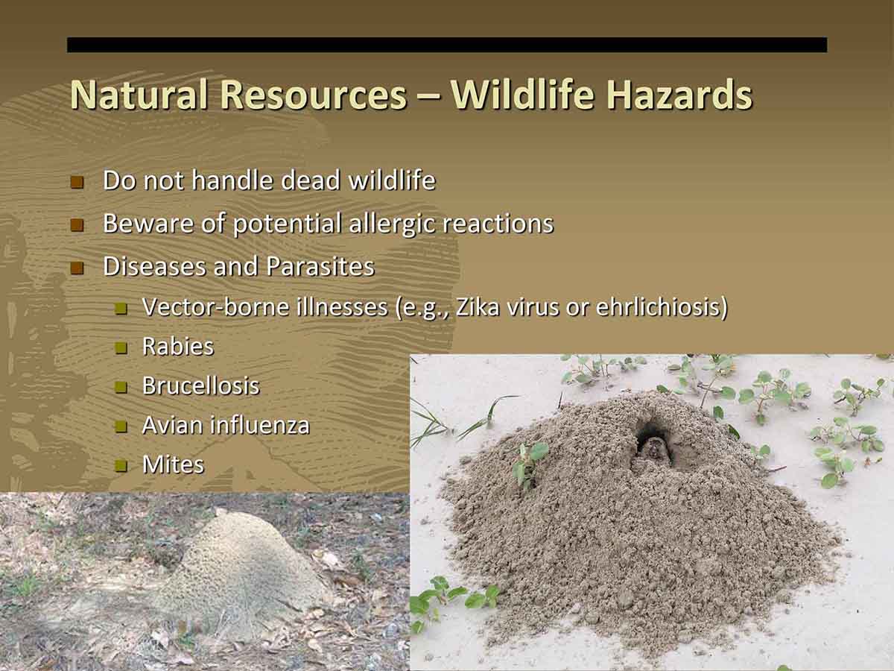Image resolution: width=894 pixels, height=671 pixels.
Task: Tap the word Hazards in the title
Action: tap(679, 95)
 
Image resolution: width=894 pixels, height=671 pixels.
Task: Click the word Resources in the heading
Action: tap(313, 95)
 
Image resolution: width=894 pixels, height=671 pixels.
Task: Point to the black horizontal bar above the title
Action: tap(447, 45)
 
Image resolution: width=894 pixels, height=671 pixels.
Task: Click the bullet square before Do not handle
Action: tap(77, 182)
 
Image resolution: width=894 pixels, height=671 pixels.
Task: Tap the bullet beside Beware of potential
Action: tap(77, 225)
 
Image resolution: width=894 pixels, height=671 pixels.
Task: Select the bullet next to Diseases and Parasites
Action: tap(77, 268)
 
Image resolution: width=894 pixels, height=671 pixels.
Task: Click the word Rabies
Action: tap(178, 346)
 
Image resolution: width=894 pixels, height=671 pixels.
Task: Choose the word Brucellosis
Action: tap(201, 385)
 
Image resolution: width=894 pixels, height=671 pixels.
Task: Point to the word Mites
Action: tap(173, 464)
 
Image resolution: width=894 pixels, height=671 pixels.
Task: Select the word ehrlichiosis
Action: tap(658, 306)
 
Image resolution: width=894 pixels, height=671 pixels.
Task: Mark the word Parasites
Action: tap(320, 266)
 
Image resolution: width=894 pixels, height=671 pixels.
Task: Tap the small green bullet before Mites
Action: tap(121, 466)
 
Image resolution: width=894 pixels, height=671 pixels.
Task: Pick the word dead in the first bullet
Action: tap(311, 180)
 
